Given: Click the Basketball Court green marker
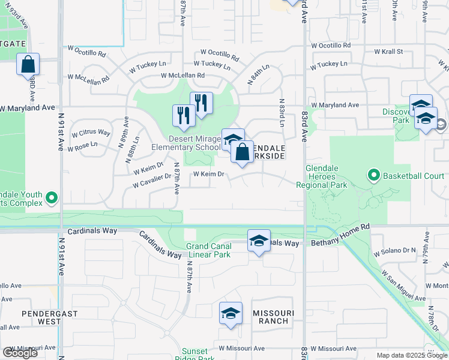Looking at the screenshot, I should (374, 176).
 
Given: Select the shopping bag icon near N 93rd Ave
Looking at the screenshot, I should (28, 65).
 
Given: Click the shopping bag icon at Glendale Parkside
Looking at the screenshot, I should (242, 152).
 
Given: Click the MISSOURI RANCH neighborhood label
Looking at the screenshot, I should (273, 317).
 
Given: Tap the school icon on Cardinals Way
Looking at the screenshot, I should (259, 241).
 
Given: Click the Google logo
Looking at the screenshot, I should (20, 353).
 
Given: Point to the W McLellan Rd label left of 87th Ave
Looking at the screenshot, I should (88, 78).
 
